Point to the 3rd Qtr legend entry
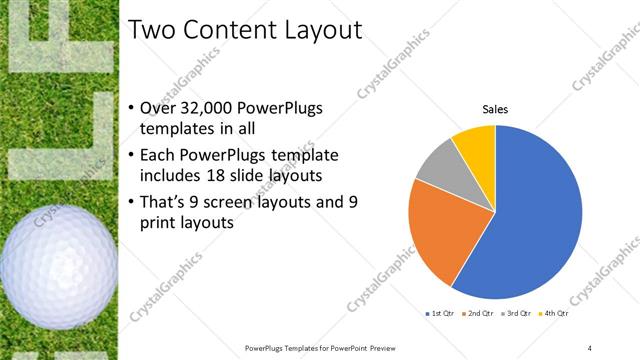point(516,314)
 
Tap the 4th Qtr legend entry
point(553,314)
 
